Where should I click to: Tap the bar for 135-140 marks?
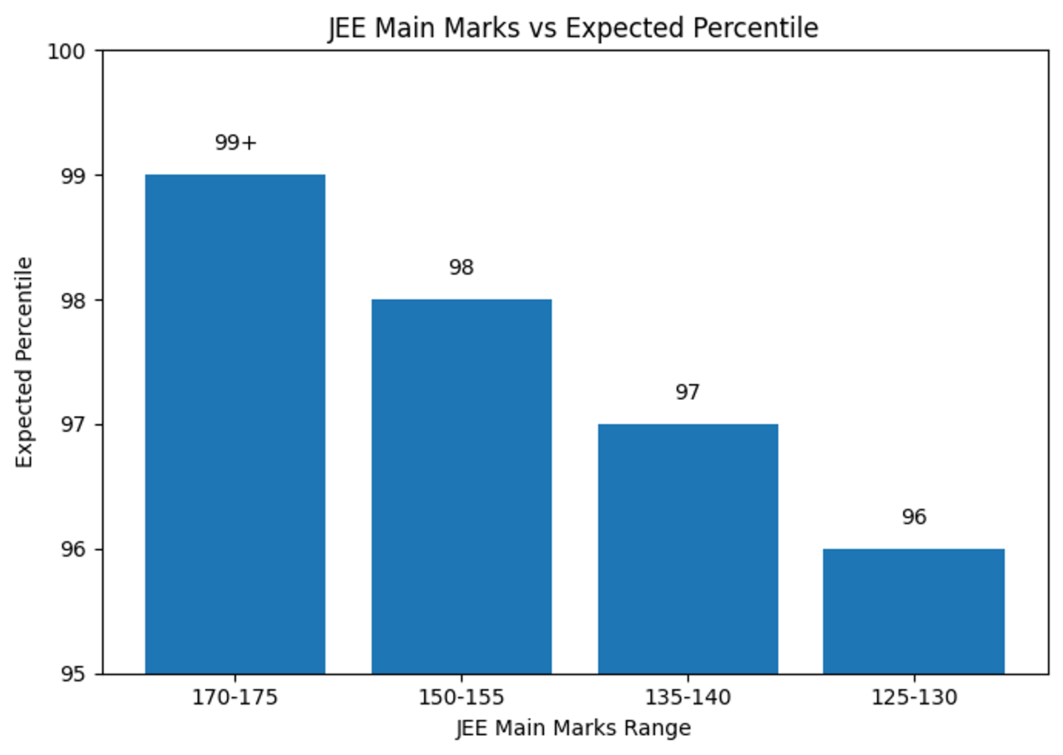pos(687,549)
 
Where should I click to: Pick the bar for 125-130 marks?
pos(913,611)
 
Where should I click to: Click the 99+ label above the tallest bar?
pos(235,142)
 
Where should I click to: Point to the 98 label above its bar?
pos(461,267)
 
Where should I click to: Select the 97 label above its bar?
pos(687,392)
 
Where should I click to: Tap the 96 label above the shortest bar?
pos(913,517)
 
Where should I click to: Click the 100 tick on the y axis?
pos(66,51)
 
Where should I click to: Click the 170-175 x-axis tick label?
pos(235,698)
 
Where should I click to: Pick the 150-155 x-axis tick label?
pos(461,698)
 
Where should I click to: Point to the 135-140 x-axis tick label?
pos(687,698)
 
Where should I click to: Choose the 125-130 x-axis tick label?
pos(913,698)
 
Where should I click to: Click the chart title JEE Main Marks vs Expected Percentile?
pos(573,28)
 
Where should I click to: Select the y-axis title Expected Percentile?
pos(24,362)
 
